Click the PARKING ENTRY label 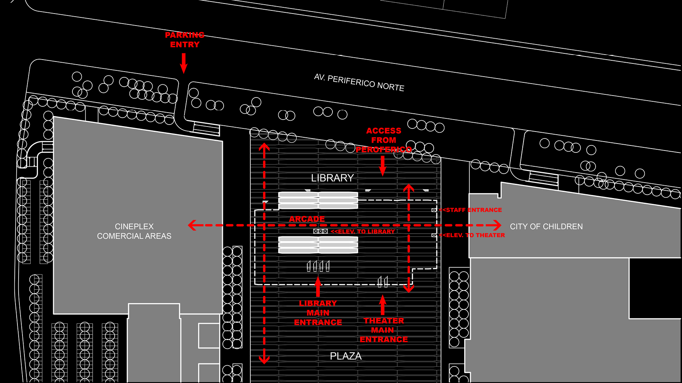point(185,40)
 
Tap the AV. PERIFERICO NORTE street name point(359,82)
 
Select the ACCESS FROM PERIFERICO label point(384,140)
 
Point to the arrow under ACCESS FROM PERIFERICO point(383,166)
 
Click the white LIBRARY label point(332,178)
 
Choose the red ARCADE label point(307,219)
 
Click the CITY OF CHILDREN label point(546,227)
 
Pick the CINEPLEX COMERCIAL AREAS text point(134,231)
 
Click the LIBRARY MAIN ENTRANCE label point(318,313)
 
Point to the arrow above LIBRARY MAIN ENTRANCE point(318,287)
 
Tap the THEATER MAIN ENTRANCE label point(384,330)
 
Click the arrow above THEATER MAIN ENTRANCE point(383,305)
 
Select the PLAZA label point(346,356)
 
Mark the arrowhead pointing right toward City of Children point(496,225)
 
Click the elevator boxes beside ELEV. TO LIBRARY point(320,231)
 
